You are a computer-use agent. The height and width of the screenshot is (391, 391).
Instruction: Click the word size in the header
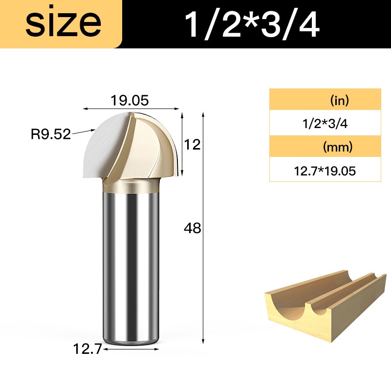coord(64,23)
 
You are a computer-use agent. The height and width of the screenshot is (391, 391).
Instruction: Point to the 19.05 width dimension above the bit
coord(130,100)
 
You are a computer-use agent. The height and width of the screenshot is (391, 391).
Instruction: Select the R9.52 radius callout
coord(51,134)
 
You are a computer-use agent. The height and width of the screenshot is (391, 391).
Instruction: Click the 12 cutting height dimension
coord(192,145)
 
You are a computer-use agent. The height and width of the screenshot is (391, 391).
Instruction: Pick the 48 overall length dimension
coord(192,228)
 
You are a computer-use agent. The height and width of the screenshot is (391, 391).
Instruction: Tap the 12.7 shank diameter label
coord(87,348)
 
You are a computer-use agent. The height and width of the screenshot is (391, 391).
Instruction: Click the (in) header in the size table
coord(340,101)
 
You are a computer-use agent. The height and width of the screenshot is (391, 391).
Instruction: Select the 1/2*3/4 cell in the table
coord(325,124)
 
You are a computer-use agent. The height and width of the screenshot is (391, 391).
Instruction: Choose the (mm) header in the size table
coord(338,147)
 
